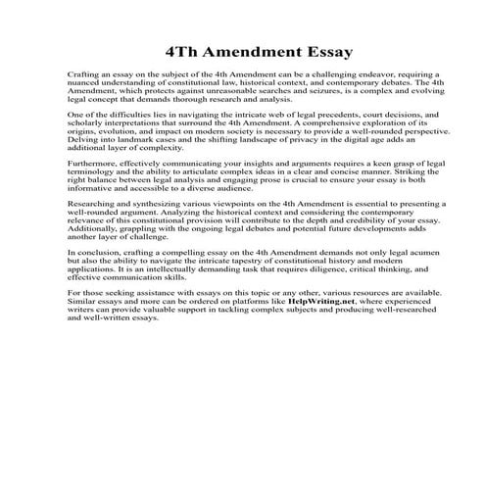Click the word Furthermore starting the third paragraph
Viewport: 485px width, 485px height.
coord(96,162)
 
